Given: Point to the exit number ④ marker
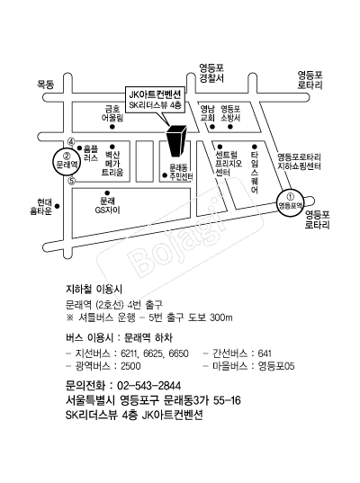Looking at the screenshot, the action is point(71,142).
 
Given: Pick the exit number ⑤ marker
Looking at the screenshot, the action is point(71,181).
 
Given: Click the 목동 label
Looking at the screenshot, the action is point(46,85).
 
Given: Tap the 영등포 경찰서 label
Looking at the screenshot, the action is point(211,74).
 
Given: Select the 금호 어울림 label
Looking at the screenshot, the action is point(112,113).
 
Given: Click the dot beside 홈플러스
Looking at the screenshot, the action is point(79,148).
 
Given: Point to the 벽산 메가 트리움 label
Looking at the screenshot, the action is point(112,164).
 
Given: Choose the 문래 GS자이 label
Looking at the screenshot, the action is point(107,206).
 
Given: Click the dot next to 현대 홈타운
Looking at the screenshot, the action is point(58,206).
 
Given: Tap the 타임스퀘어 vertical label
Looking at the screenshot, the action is point(255,173).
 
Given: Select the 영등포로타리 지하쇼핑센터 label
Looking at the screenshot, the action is point(300,162).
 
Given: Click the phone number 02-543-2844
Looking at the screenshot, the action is point(148,386).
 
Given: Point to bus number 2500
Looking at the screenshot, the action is point(130,366).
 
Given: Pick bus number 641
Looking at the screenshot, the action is point(265,353).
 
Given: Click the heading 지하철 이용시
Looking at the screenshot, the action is point(94,290).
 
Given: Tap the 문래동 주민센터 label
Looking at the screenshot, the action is point(181,172).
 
